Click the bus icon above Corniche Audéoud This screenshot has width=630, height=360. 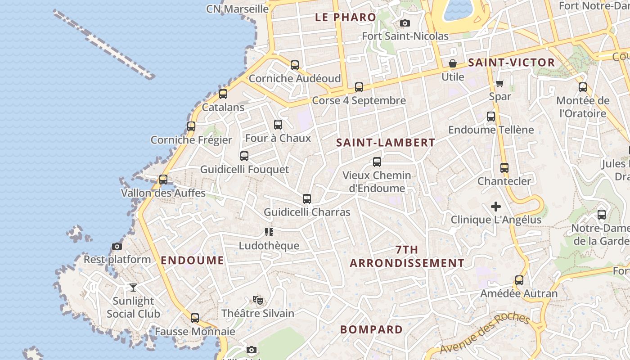coord(295,65)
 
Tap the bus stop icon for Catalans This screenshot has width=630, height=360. coord(223,94)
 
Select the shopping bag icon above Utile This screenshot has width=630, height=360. coord(453,63)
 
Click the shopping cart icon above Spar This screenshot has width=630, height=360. coord(500,83)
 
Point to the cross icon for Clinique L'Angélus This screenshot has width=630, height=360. coord(496,207)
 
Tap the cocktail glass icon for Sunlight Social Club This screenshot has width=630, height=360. coord(133,287)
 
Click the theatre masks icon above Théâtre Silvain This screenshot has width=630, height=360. coord(258,300)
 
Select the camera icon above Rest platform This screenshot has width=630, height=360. coord(117,246)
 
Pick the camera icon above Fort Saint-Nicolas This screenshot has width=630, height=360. coord(405,23)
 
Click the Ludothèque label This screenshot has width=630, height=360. coord(269,246)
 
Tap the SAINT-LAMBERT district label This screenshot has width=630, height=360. coord(386,143)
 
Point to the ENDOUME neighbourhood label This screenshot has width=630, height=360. coord(192,260)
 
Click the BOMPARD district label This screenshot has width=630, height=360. coord(372,329)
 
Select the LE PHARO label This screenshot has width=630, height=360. coord(346,18)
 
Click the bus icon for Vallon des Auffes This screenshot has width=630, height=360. coord(163,179)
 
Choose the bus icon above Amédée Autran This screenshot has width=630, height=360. coord(519,280)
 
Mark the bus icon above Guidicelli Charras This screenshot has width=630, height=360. coord(307,198)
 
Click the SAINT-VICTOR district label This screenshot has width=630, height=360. coord(512,63)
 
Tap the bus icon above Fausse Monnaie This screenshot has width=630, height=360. coord(195,318)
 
